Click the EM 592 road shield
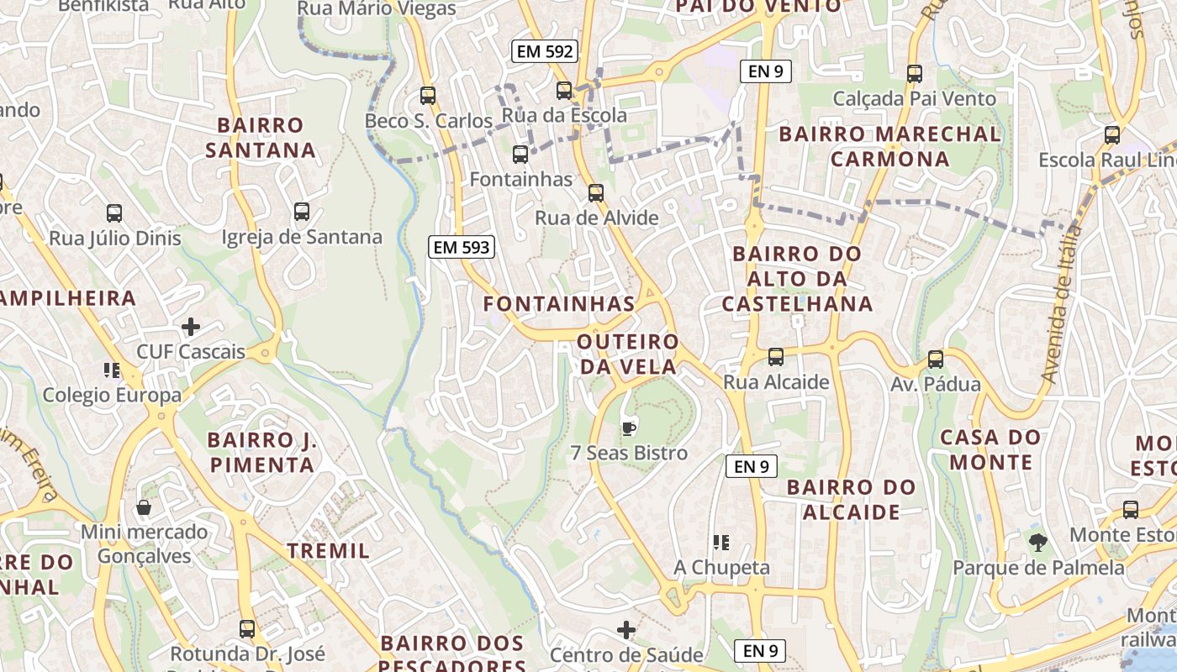point(545,51)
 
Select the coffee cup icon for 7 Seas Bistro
point(628,428)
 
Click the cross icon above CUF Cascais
point(191,326)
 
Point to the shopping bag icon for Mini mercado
point(144,507)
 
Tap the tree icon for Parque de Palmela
point(1038,543)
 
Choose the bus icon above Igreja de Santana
point(302,212)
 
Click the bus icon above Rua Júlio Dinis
point(114,213)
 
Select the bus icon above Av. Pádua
point(935,360)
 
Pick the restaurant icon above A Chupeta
point(721,543)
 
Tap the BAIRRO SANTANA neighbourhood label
point(261,138)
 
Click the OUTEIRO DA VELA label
point(628,354)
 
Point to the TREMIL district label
point(329,551)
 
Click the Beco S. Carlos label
point(428,121)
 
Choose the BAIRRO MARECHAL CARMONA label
point(889,146)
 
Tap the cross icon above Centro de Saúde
point(626,629)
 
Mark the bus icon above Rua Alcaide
point(776,357)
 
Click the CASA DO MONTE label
point(990,449)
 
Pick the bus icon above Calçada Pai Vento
point(915,73)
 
